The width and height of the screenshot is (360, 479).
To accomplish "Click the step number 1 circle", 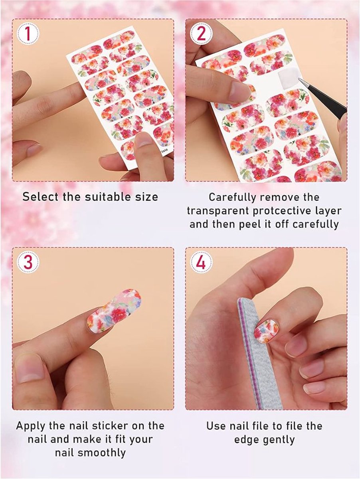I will point(28,34).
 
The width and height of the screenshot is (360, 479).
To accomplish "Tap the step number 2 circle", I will point(201,34).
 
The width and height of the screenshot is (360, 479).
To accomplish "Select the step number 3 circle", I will point(28,262).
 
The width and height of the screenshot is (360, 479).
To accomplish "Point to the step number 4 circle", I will point(201,262).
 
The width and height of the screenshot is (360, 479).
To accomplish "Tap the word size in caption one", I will point(146,197).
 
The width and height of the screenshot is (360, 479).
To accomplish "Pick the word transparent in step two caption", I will point(218,211).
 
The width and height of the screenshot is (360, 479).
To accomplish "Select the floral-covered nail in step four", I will point(266,330).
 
